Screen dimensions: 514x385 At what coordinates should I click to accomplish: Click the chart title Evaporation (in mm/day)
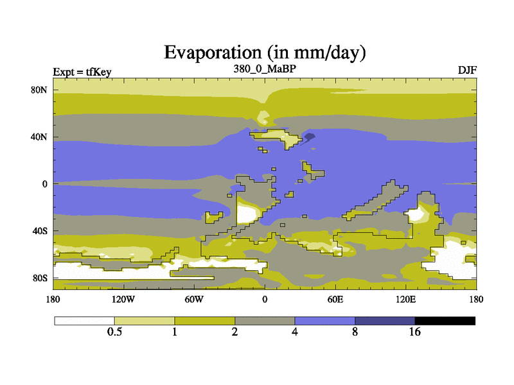tap(265, 53)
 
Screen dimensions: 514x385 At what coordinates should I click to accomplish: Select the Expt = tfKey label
tap(82, 72)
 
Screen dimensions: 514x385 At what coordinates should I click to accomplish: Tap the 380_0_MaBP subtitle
tap(265, 69)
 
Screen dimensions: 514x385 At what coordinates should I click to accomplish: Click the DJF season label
tap(467, 71)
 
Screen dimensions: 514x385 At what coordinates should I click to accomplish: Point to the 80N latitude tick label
tap(39, 90)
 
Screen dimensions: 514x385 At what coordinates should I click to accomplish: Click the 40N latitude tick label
tap(39, 137)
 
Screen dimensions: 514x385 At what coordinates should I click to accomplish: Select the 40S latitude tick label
tap(40, 231)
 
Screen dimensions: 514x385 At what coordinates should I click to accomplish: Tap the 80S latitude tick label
tap(40, 278)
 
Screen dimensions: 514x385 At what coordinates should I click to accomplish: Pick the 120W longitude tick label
tap(123, 299)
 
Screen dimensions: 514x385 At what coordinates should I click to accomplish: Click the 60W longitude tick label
tap(194, 299)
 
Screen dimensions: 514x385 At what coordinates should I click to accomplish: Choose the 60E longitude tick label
tap(335, 299)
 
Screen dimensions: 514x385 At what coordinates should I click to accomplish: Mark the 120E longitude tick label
tap(406, 299)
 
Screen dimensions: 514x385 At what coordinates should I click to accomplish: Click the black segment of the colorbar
tap(445, 321)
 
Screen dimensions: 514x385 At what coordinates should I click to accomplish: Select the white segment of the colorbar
tap(85, 321)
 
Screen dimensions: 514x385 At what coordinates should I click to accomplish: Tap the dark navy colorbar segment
tap(385, 321)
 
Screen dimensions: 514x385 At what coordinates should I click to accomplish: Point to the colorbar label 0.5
tap(114, 332)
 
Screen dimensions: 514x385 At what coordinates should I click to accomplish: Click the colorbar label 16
tap(414, 332)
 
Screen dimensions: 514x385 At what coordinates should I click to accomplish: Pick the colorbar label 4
tap(295, 332)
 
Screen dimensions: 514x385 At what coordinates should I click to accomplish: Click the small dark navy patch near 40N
tap(309, 137)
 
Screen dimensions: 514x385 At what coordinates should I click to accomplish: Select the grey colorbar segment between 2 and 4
tap(265, 321)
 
